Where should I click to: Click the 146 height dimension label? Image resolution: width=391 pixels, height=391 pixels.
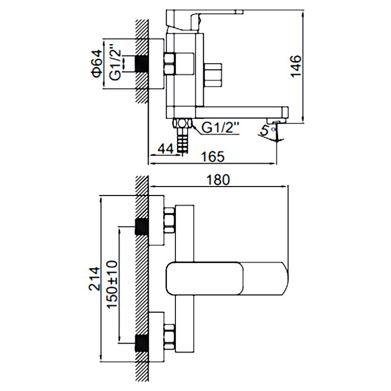point(296,66)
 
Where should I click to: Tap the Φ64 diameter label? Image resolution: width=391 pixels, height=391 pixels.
point(97,63)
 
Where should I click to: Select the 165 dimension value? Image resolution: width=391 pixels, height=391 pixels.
point(213,156)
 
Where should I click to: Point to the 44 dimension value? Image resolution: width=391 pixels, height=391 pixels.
point(165,149)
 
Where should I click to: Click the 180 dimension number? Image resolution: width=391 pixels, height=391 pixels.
point(218,180)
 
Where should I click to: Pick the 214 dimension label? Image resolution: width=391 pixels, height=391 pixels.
point(94,279)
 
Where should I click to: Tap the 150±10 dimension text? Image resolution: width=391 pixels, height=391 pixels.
point(112,284)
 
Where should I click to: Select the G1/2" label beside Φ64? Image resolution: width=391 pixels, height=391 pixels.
point(115,63)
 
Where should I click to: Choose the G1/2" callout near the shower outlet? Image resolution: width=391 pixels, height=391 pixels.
point(220,128)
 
